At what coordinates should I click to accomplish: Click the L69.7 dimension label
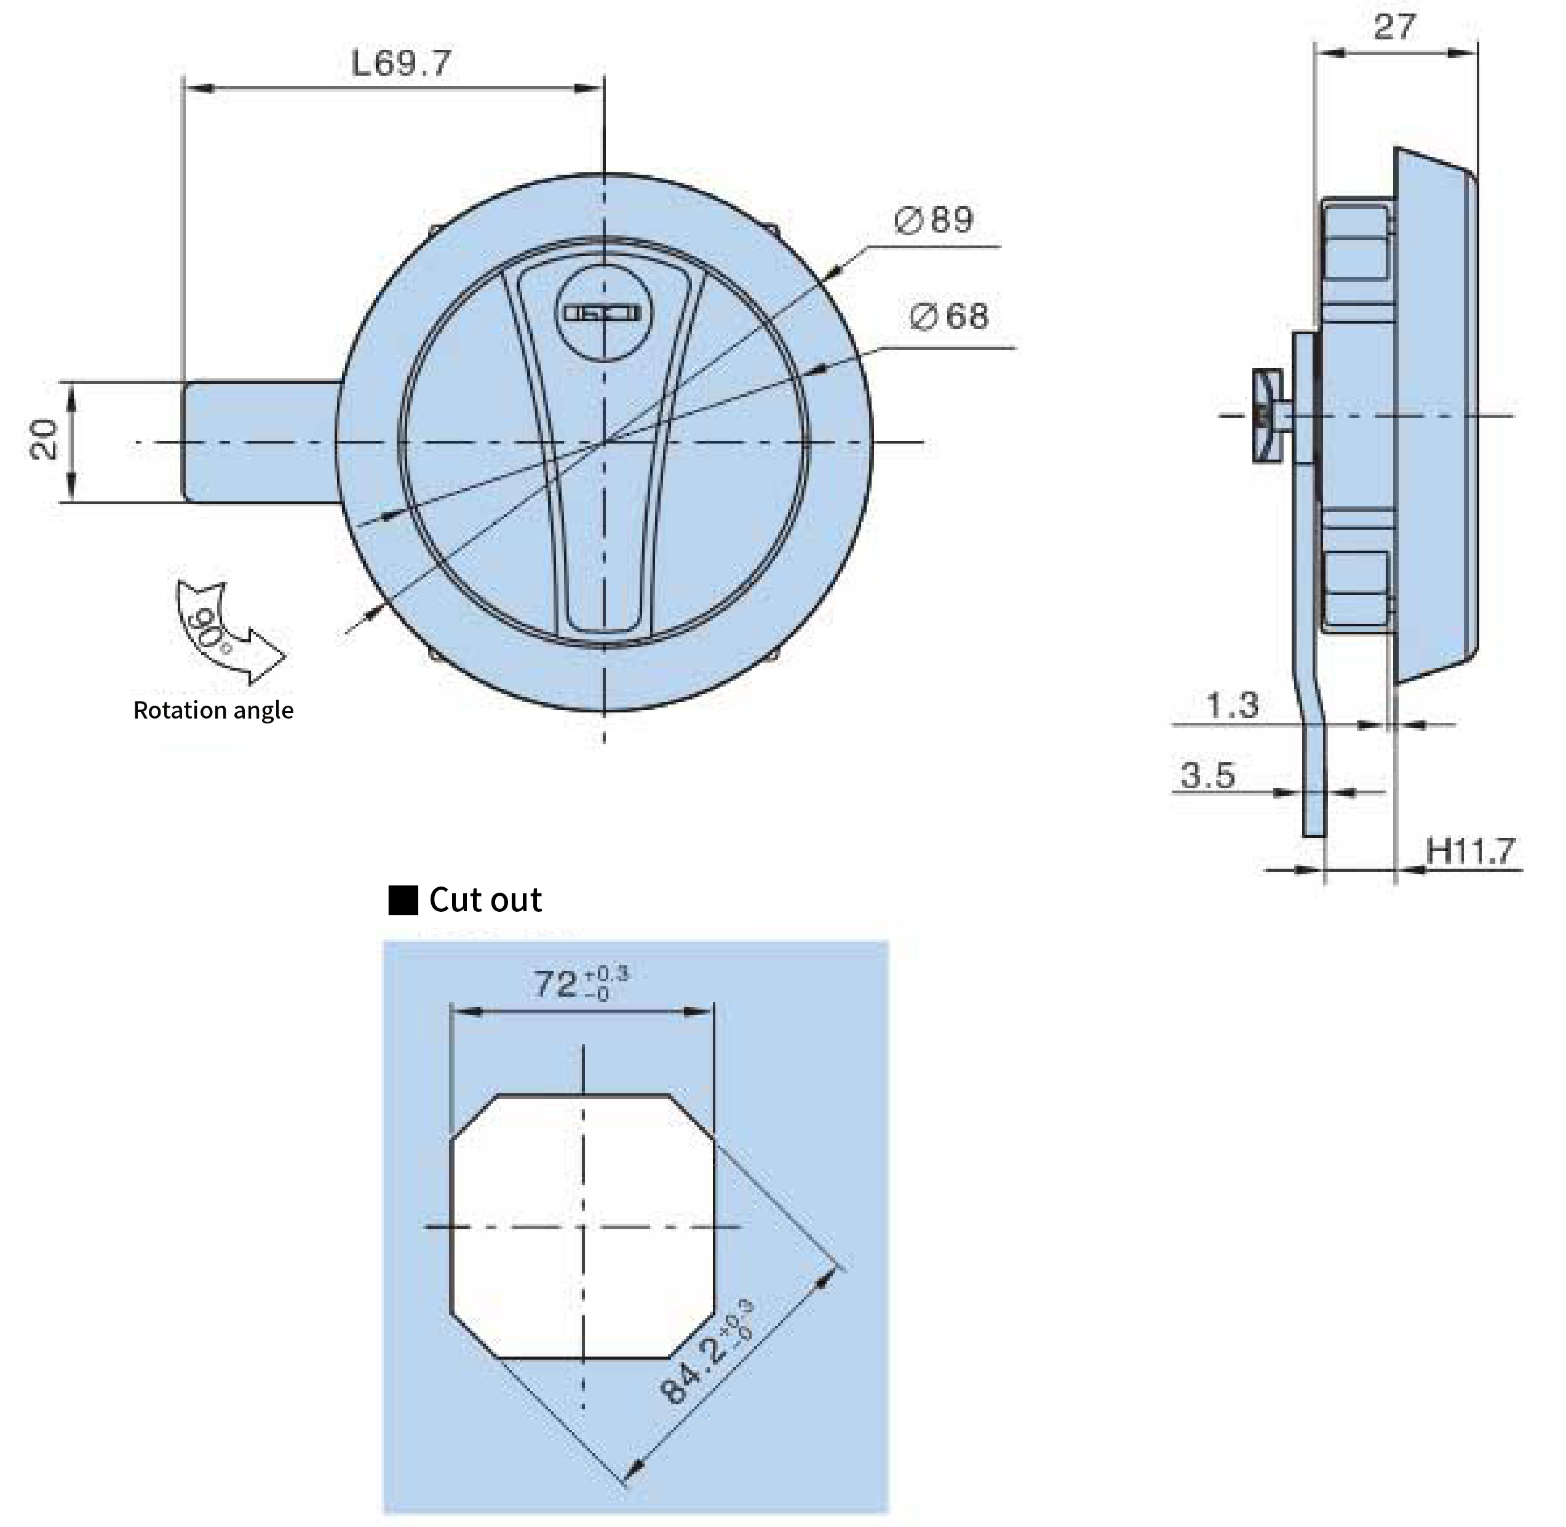[x=401, y=63]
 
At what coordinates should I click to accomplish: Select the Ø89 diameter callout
[x=934, y=220]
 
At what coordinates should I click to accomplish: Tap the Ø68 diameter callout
[x=950, y=316]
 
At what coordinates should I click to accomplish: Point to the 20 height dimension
[x=45, y=441]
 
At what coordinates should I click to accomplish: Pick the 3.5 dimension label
[x=1207, y=776]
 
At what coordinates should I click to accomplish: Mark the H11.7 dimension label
[x=1471, y=850]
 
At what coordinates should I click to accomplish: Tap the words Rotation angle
[x=212, y=711]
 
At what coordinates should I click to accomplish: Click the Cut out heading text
[x=485, y=900]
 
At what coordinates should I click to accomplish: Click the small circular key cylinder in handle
[x=603, y=313]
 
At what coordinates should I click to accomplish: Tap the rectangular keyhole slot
[x=602, y=312]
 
